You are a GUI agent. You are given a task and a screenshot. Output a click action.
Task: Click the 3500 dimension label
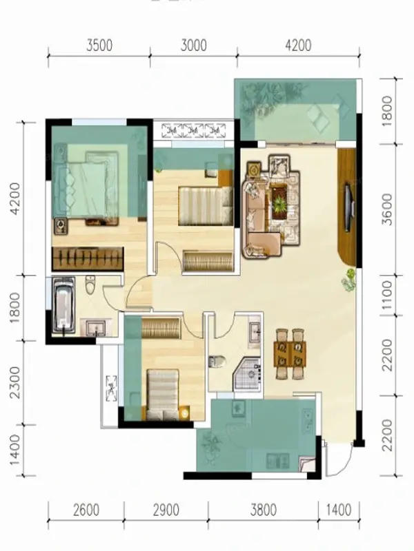click(99, 45)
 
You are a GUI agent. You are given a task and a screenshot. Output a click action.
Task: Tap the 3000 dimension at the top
click(194, 45)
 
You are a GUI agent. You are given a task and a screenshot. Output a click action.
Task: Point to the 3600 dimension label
click(387, 209)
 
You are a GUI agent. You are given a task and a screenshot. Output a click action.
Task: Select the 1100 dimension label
click(387, 295)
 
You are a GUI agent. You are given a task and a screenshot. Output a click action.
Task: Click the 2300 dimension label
click(14, 383)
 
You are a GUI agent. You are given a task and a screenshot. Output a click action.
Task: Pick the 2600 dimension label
click(86, 510)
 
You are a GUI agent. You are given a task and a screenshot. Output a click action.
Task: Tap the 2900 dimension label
click(166, 510)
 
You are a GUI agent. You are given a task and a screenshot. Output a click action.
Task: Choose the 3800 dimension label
click(264, 510)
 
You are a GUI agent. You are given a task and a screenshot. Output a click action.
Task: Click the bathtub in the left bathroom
click(63, 305)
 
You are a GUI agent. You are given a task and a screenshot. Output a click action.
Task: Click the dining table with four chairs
click(290, 354)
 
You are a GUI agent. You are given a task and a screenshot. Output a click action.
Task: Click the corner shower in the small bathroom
click(248, 373)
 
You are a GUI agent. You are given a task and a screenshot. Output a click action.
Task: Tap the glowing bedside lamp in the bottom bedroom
click(184, 414)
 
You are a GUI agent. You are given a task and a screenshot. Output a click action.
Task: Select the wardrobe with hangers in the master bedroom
click(88, 259)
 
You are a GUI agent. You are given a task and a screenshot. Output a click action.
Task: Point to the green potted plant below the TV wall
click(349, 280)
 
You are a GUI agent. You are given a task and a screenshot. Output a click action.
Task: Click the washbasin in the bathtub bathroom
click(95, 328)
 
